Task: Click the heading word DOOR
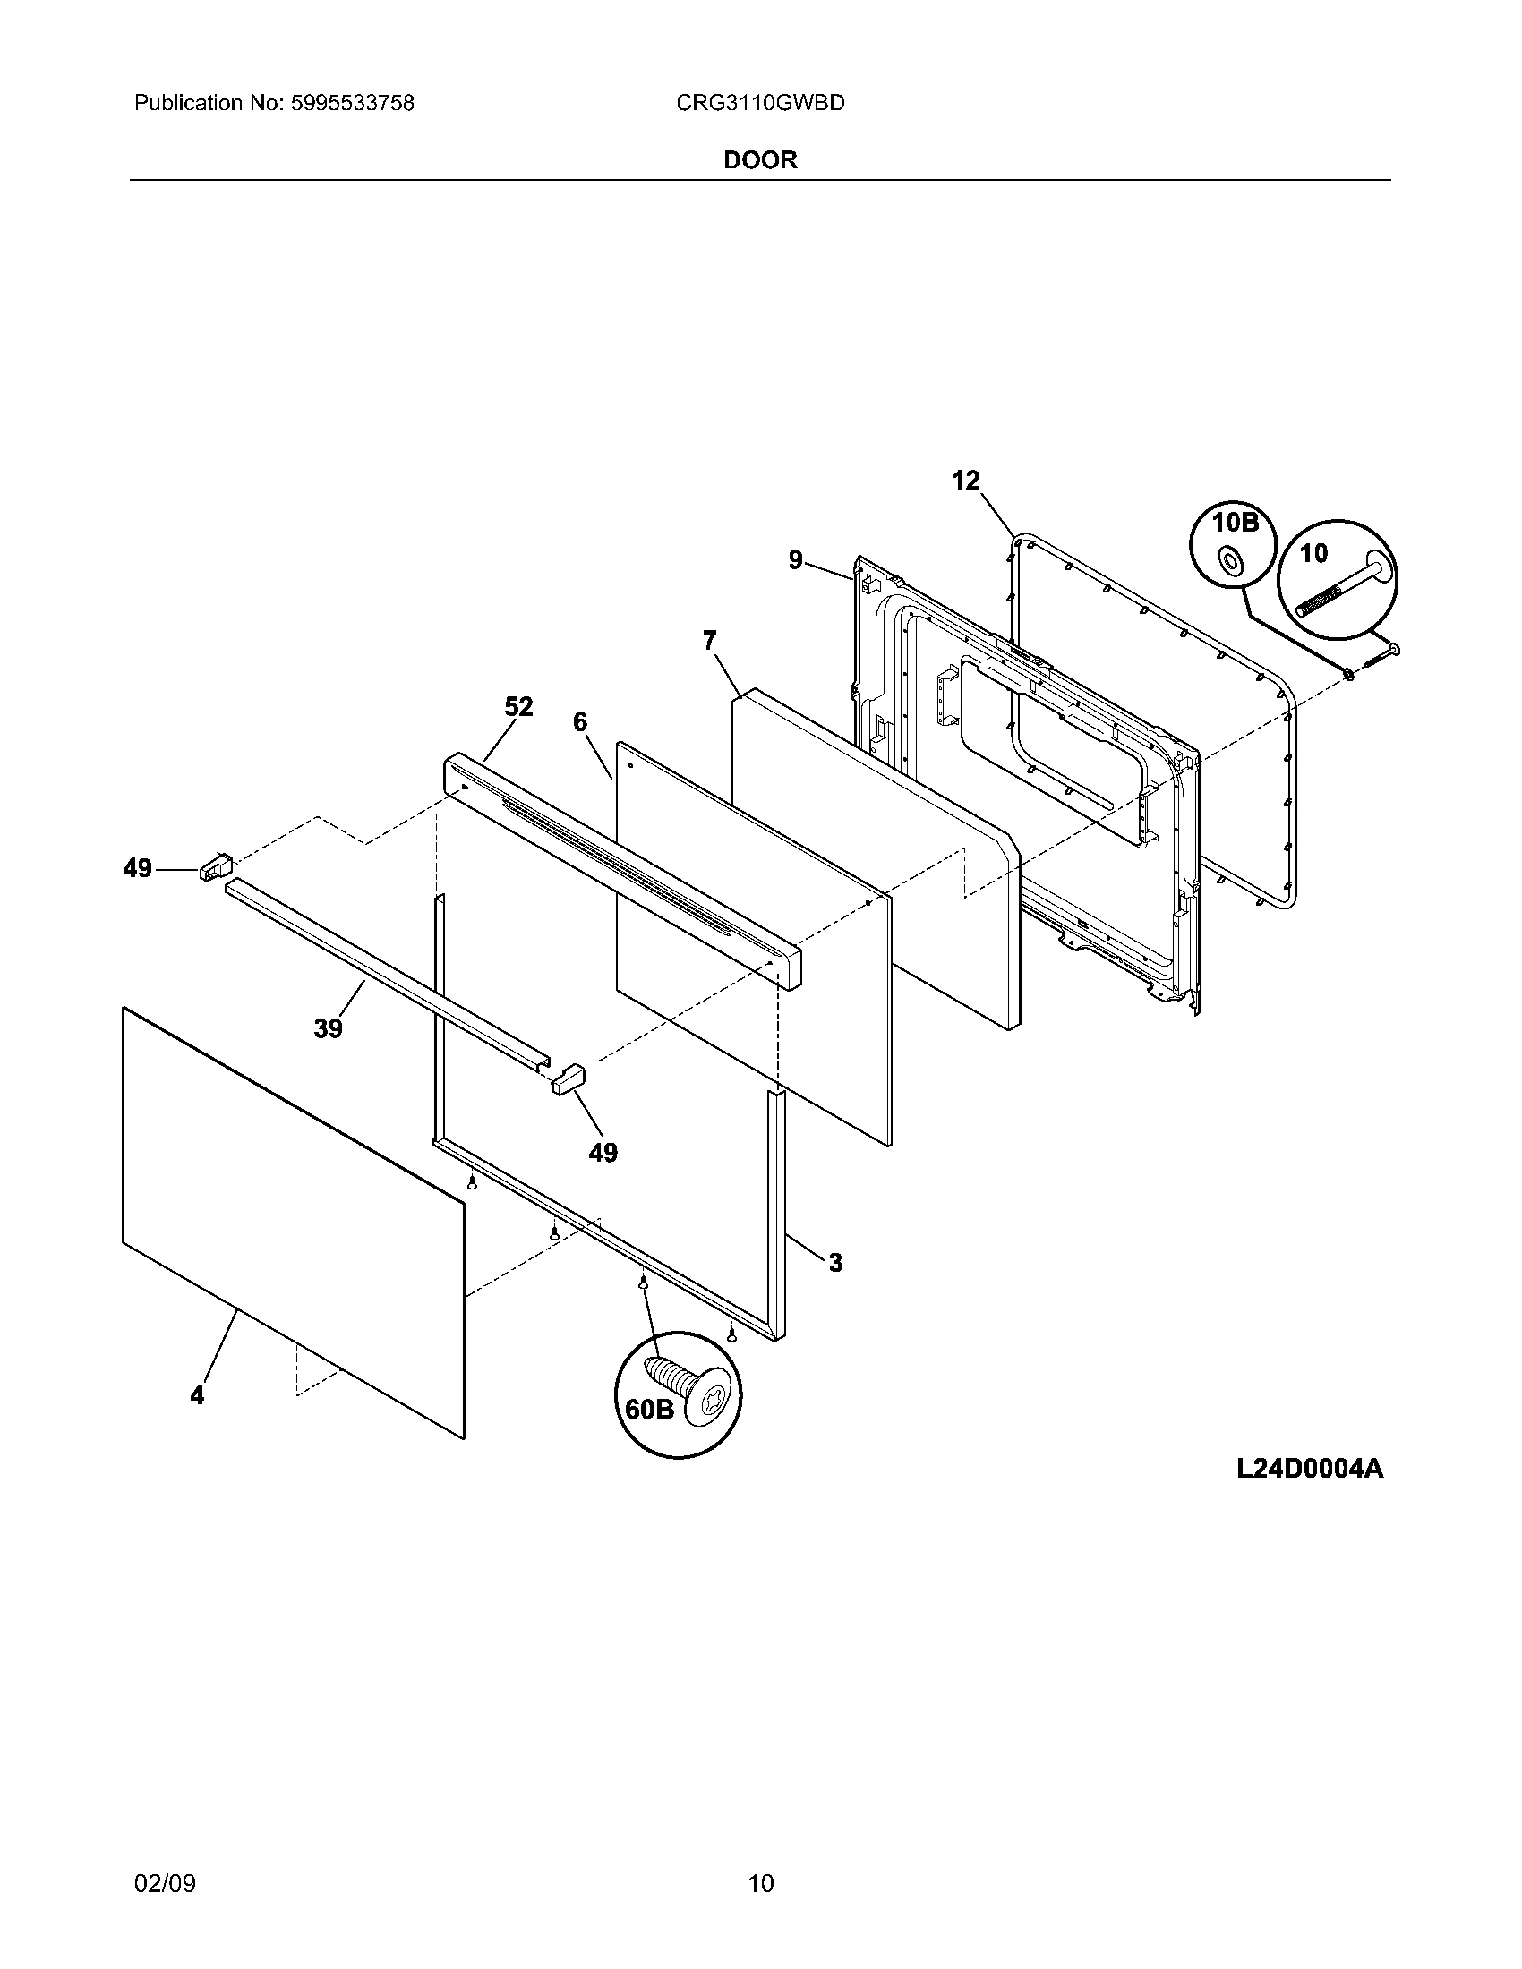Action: [760, 160]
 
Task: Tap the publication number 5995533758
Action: [352, 104]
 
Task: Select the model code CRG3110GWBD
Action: [760, 104]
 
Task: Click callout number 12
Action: [965, 481]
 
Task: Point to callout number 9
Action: [795, 560]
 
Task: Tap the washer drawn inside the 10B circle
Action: [1228, 561]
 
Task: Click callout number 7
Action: [710, 640]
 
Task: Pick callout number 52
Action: [518, 707]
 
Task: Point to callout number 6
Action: [580, 721]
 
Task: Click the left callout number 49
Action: [137, 868]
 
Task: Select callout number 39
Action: [329, 1027]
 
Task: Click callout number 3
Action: [835, 1263]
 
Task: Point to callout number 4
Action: [197, 1394]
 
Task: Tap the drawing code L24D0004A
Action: [1309, 1469]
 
